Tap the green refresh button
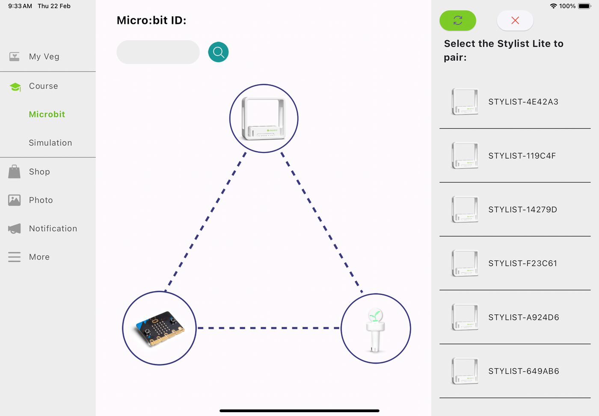[457, 20]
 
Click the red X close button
[515, 20]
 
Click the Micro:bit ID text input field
[158, 52]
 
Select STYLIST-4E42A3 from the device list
[523, 102]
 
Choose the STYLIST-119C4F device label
[522, 156]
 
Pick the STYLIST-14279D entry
[522, 209]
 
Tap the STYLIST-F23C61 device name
[522, 263]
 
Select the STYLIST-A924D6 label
[524, 317]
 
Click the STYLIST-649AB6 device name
[524, 371]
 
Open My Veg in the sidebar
[44, 56]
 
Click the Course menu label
[43, 86]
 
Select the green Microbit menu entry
[47, 114]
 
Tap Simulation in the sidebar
[50, 143]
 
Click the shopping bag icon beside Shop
[14, 171]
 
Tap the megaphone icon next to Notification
[14, 229]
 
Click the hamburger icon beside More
[14, 257]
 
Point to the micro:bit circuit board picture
[160, 328]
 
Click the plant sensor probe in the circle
[376, 330]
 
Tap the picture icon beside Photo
[14, 200]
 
